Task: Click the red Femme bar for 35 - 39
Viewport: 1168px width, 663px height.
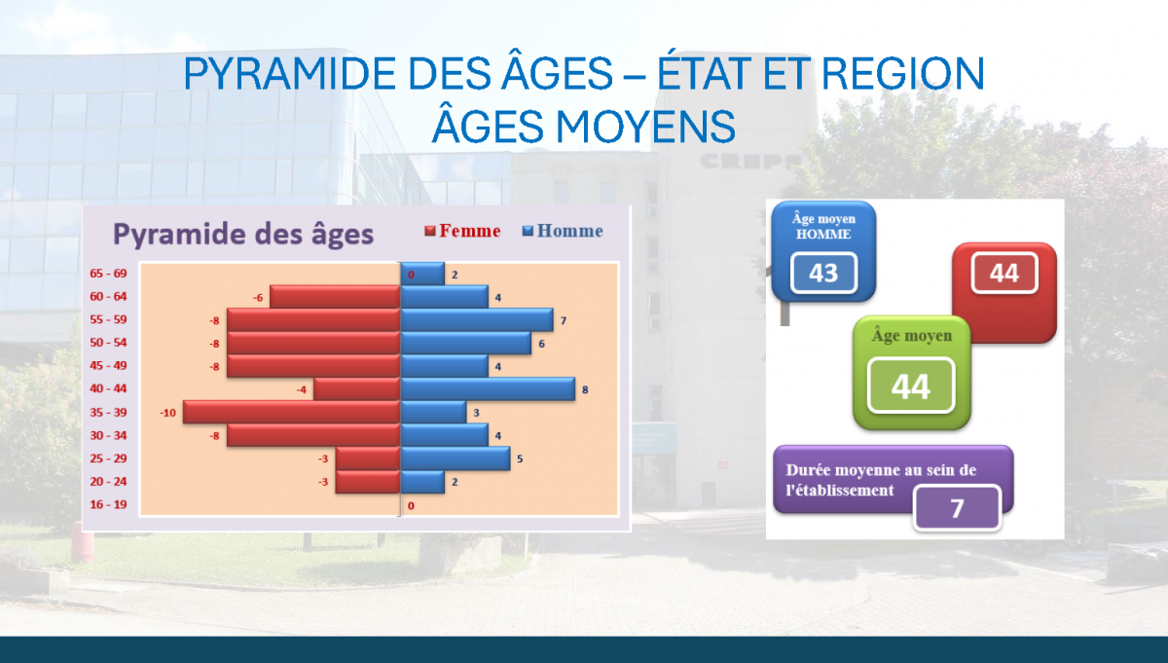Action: coord(291,412)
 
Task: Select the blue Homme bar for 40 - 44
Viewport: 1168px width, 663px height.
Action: coord(488,389)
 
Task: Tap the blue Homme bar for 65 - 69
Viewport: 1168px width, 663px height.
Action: coord(422,274)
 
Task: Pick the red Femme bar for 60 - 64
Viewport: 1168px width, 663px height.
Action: coord(335,297)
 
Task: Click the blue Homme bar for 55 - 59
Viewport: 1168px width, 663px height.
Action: coord(477,319)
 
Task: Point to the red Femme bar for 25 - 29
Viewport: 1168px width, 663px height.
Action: coord(368,459)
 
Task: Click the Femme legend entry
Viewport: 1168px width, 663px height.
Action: coord(462,231)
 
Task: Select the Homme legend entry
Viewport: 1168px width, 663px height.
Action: coord(563,231)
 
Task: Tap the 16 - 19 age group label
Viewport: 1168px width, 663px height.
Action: coord(108,504)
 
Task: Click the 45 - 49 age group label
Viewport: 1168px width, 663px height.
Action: coord(108,366)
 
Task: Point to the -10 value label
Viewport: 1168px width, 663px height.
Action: coord(167,413)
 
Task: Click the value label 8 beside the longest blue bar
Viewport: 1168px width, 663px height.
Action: coord(585,389)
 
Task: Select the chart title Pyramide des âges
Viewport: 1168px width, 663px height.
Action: coord(243,234)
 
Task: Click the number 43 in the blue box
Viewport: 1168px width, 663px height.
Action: coord(823,273)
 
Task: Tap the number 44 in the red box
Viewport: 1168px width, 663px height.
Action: coord(1004,273)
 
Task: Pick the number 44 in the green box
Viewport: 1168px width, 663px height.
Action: coord(911,386)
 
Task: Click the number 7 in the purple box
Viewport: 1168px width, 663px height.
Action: coord(957,508)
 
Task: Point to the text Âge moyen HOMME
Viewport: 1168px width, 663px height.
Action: coord(823,227)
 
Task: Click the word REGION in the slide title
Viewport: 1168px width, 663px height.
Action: coord(903,74)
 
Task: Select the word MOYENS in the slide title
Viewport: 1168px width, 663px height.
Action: coord(645,127)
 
